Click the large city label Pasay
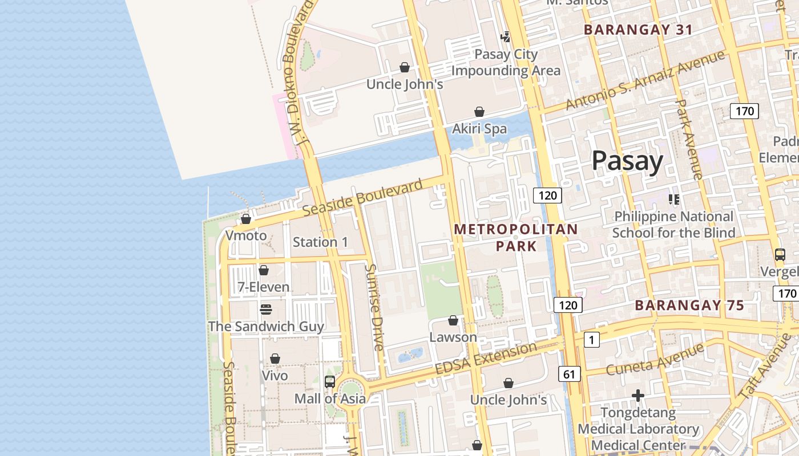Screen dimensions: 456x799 tap(627, 161)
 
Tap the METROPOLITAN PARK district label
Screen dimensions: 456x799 tap(516, 237)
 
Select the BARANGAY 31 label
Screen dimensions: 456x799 tap(638, 30)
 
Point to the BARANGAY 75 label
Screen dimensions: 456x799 tap(689, 306)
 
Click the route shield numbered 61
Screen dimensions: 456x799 tap(569, 374)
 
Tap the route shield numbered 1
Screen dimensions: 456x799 tap(592, 340)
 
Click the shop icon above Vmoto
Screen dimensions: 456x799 tap(246, 219)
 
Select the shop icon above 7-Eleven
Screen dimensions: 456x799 tap(264, 270)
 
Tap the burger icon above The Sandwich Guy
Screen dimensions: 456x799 tap(266, 310)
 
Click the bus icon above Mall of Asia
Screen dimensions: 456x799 tap(330, 382)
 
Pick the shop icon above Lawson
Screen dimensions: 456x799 tap(453, 320)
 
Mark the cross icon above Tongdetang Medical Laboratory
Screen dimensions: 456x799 tap(638, 395)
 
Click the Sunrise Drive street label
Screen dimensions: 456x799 tap(374, 307)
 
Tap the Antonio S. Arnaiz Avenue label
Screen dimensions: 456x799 tap(645, 80)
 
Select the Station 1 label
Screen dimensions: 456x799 tap(320, 242)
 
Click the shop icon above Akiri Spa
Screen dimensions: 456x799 tap(479, 112)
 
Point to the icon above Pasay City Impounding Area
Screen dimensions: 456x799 tap(505, 37)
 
